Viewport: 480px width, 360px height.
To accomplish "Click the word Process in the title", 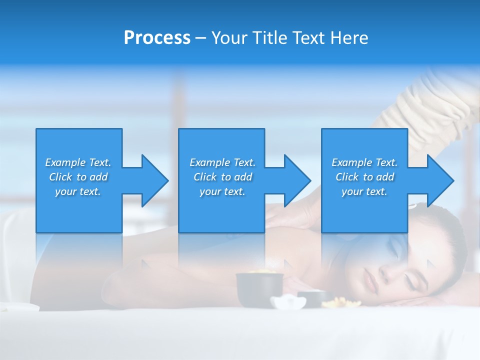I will (x=157, y=38).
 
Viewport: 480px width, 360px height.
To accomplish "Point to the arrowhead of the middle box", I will (x=296, y=180).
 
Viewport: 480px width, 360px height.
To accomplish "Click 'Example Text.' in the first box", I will (x=78, y=162).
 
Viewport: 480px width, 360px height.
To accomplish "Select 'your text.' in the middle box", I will (x=222, y=191).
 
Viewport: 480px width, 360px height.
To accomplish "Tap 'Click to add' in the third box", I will (x=364, y=177).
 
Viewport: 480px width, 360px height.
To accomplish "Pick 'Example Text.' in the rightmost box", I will (x=364, y=162).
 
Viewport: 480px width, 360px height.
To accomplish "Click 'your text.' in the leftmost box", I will (x=78, y=191).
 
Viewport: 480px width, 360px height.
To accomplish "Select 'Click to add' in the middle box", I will (x=222, y=177).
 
